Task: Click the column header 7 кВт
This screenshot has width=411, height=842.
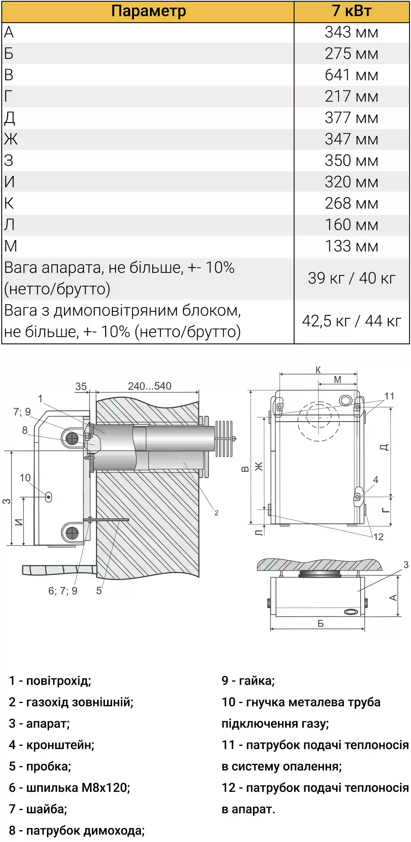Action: [x=351, y=11]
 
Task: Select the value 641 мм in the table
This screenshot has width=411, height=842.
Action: [x=351, y=75]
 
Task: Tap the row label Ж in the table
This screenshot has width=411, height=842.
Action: [x=11, y=139]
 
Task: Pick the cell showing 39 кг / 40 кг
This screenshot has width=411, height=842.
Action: [x=351, y=278]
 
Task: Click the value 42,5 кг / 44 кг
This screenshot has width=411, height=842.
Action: [x=351, y=321]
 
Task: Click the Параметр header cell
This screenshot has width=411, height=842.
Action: [x=148, y=11]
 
